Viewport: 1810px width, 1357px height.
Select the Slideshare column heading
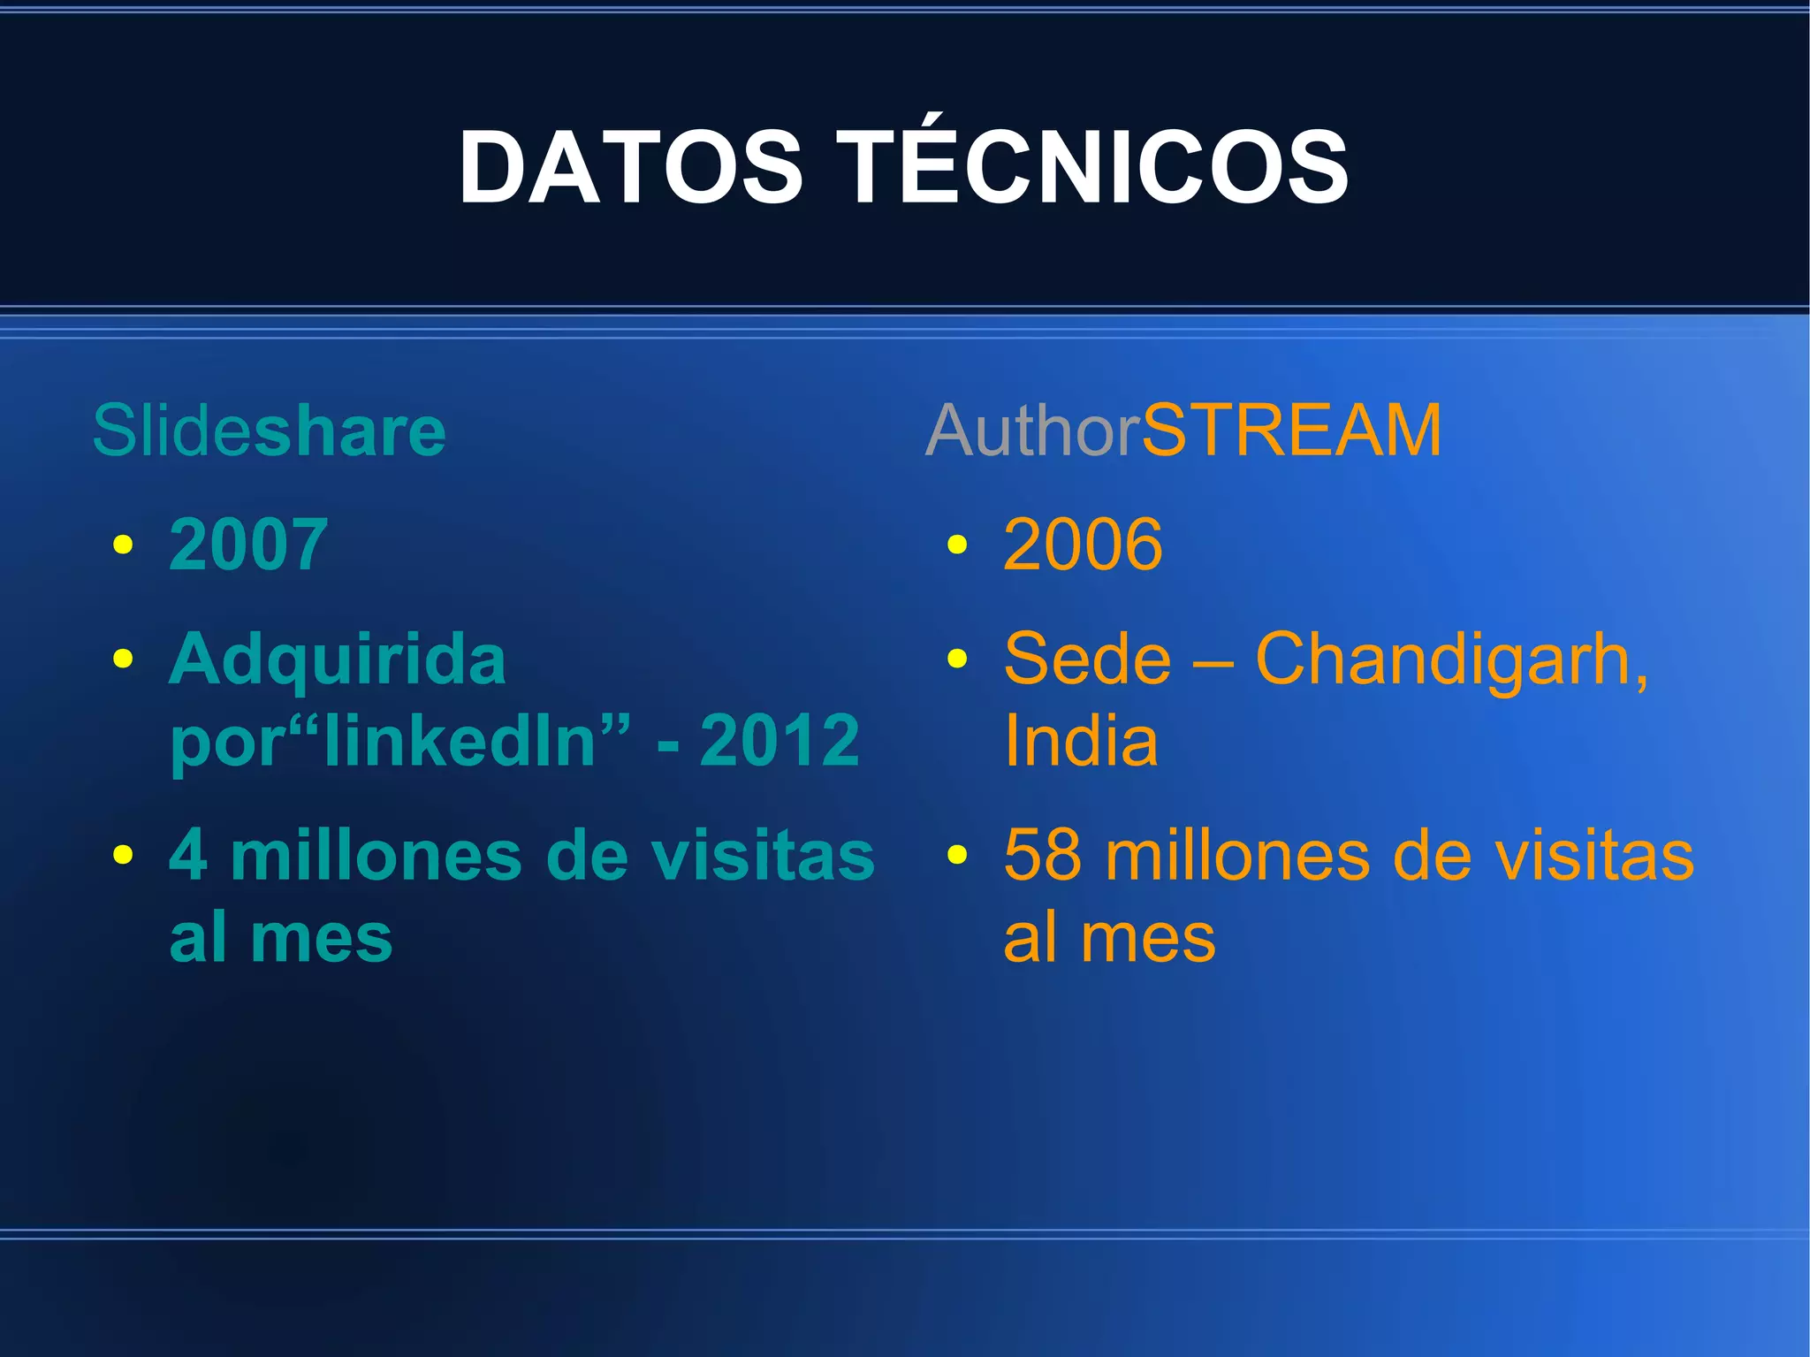pos(269,431)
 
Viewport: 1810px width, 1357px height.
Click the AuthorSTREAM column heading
pos(1183,431)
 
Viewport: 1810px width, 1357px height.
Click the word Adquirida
pos(338,659)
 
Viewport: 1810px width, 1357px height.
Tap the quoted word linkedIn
pos(477,740)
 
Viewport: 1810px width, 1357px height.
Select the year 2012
pos(780,740)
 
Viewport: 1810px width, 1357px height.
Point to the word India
pos(1081,740)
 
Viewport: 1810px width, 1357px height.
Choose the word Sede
pos(1087,659)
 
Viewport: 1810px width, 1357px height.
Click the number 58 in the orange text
pos(1043,856)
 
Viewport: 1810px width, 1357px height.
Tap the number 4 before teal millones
pos(188,856)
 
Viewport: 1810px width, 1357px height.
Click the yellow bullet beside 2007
pos(123,545)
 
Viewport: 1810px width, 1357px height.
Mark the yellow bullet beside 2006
pos(956,545)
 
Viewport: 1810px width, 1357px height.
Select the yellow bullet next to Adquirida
pos(123,659)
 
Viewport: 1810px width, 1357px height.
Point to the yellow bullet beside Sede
pos(956,659)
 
